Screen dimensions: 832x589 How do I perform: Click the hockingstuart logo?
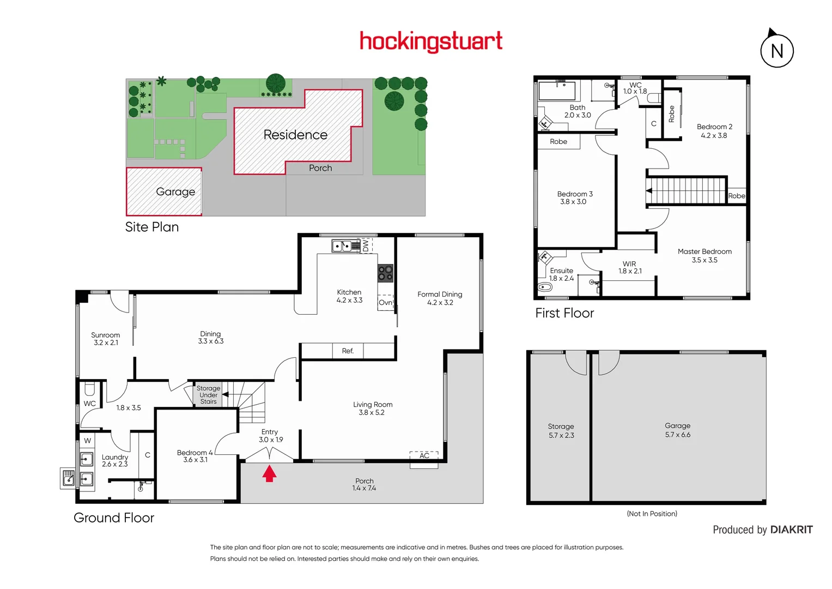point(431,41)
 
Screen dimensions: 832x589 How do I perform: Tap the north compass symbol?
point(776,51)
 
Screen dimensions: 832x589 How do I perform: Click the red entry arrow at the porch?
point(269,473)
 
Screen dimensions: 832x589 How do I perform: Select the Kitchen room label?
point(349,296)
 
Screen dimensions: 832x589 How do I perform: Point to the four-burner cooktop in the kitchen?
point(385,273)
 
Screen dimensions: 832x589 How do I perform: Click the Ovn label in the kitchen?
point(385,303)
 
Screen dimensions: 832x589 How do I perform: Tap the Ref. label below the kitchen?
point(348,351)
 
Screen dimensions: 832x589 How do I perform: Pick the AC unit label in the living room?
point(424,455)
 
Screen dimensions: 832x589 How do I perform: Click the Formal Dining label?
point(440,298)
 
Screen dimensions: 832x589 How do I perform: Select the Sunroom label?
point(105,339)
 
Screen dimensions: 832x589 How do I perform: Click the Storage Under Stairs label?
point(208,395)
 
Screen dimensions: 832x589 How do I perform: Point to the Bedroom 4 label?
point(195,456)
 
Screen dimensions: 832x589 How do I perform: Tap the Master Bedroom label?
point(705,255)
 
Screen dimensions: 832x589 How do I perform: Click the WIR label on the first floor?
point(629,267)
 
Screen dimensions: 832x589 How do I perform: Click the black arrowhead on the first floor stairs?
point(648,191)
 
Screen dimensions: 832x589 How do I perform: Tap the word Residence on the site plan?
point(295,135)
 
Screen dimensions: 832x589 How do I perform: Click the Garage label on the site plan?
point(175,191)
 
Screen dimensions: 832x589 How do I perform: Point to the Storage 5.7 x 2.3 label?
point(561,430)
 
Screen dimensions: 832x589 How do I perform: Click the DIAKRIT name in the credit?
point(791,530)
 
